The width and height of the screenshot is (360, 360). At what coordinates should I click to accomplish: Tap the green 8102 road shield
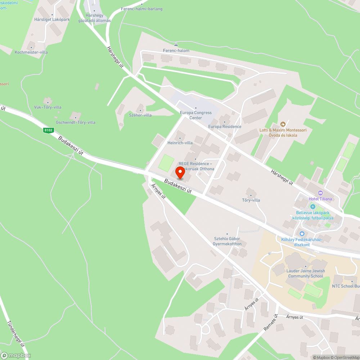[48, 130]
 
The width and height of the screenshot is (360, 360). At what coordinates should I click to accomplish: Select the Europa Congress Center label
[196, 115]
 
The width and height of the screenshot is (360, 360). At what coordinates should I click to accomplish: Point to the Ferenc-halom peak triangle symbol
[176, 45]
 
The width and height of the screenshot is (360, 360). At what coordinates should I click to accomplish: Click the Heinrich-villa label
[180, 143]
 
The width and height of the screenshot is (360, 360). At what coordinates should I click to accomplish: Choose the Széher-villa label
[140, 115]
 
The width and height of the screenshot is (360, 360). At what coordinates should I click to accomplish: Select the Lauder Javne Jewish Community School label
[306, 274]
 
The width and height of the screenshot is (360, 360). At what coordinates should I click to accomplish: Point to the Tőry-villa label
[251, 200]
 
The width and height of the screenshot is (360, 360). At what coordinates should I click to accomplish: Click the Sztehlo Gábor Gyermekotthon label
[227, 241]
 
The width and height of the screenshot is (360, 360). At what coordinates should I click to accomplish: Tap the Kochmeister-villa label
[31, 52]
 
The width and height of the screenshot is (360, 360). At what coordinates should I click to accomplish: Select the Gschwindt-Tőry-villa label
[76, 122]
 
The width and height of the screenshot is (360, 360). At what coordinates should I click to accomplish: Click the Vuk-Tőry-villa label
[48, 107]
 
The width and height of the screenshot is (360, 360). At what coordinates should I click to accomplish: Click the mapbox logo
[17, 355]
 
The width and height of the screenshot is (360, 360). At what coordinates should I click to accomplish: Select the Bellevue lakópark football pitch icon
[312, 207]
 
